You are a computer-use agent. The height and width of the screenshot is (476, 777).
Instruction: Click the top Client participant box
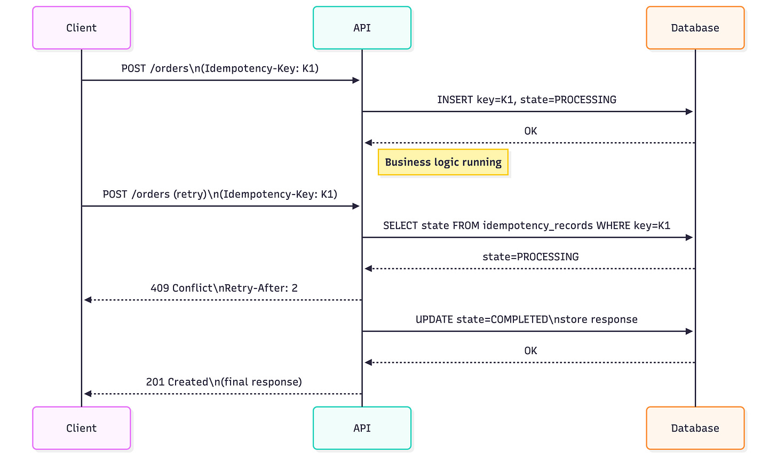pyautogui.click(x=81, y=28)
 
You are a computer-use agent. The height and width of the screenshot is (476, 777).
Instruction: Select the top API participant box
pyautogui.click(x=362, y=28)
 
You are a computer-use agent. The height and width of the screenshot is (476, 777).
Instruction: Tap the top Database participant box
pyautogui.click(x=695, y=28)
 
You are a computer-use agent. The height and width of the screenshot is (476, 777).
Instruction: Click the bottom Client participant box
pyautogui.click(x=81, y=428)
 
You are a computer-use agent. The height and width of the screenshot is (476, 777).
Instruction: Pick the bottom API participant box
pyautogui.click(x=362, y=428)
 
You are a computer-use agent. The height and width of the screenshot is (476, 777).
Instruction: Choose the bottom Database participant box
pyautogui.click(x=695, y=428)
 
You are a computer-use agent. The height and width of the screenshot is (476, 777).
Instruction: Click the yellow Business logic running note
pyautogui.click(x=443, y=162)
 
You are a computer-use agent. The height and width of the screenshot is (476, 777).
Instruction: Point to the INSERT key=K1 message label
pyautogui.click(x=526, y=100)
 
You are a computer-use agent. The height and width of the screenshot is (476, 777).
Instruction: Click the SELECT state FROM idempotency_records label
pyautogui.click(x=526, y=225)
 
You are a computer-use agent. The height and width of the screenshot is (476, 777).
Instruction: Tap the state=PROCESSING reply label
pyautogui.click(x=530, y=257)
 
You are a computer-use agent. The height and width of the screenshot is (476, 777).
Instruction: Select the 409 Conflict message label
pyautogui.click(x=224, y=288)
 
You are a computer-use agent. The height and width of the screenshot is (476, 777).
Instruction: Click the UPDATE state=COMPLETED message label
pyautogui.click(x=526, y=319)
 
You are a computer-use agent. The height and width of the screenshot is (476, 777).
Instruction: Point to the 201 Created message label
pyautogui.click(x=224, y=382)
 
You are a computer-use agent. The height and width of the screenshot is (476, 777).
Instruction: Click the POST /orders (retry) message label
pyautogui.click(x=220, y=194)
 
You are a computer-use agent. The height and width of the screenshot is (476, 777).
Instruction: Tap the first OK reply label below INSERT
pyautogui.click(x=530, y=131)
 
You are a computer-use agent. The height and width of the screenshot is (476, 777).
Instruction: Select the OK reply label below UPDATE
pyautogui.click(x=530, y=351)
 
